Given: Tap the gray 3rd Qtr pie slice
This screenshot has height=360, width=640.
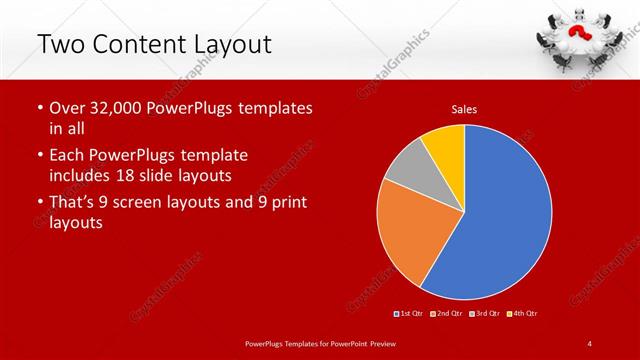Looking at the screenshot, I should (409, 172).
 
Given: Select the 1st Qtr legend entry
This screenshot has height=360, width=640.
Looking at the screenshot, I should (410, 313).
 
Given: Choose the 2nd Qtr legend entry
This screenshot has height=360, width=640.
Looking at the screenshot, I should (446, 313).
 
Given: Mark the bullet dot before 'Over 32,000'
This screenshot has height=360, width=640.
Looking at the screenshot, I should (40, 108).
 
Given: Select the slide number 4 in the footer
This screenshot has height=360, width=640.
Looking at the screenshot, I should (589, 344).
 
